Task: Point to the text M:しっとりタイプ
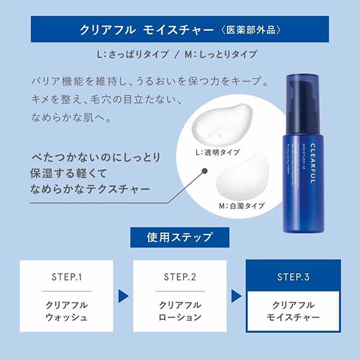[x=221, y=55]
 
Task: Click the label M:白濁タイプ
[x=242, y=206]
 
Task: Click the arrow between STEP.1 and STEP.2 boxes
[x=124, y=295]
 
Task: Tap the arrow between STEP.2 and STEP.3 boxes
[x=237, y=295]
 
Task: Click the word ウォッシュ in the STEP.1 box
[x=67, y=317]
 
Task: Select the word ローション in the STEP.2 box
[x=180, y=317]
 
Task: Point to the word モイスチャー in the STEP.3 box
[x=293, y=317]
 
